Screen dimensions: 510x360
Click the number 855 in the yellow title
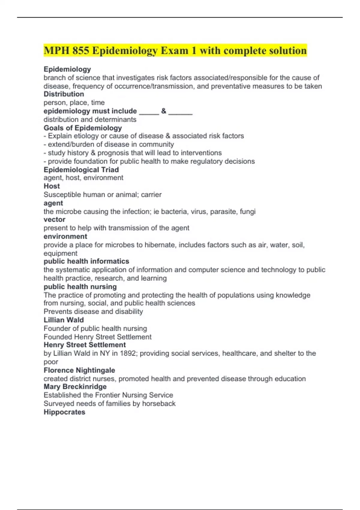pyautogui.click(x=80, y=50)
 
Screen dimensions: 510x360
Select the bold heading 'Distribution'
pyautogui.click(x=64, y=94)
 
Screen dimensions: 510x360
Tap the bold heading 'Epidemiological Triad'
pyautogui.click(x=81, y=170)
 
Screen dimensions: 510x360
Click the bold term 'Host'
pyautogui.click(x=52, y=186)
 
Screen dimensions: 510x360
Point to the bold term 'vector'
pyautogui.click(x=54, y=220)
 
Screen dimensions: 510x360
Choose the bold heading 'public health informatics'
pyautogui.click(x=86, y=261)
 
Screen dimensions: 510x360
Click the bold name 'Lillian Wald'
pyautogui.click(x=64, y=320)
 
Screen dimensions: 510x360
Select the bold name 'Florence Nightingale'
pyautogui.click(x=79, y=370)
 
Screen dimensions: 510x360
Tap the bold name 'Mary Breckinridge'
pyautogui.click(x=75, y=387)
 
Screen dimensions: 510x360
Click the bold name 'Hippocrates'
pyautogui.click(x=64, y=412)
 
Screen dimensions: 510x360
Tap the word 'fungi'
pyautogui.click(x=247, y=212)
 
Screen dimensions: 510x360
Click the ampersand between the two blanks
pyautogui.click(x=163, y=111)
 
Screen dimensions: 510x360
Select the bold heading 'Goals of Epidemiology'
pyautogui.click(x=82, y=128)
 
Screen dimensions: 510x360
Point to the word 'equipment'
pyautogui.click(x=60, y=253)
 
